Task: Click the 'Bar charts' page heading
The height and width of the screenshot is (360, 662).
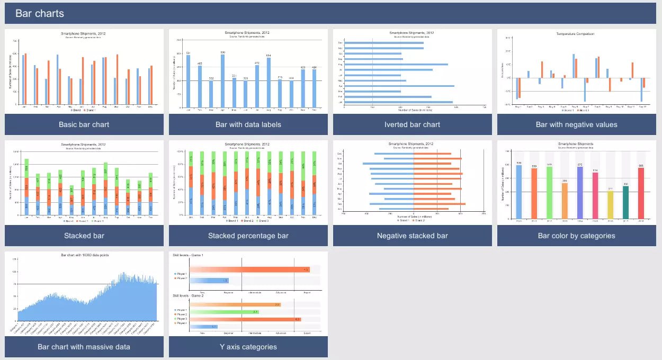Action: (40, 13)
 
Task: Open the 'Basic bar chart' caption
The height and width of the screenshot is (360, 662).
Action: (84, 124)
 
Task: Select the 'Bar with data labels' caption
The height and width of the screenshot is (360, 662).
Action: (248, 124)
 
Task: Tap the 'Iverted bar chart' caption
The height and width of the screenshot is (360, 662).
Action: (412, 124)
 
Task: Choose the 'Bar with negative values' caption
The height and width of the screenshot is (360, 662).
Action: (576, 124)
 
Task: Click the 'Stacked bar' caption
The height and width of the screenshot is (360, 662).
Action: (84, 236)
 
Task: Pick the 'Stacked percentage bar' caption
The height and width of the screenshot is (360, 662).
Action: (248, 236)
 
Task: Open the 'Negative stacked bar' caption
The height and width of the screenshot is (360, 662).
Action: (412, 236)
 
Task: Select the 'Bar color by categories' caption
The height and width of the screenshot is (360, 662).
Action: (576, 236)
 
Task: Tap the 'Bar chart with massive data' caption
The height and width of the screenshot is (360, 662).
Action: (84, 347)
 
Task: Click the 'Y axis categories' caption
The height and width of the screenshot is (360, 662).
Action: (248, 347)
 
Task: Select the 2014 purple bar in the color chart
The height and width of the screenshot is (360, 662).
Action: (580, 193)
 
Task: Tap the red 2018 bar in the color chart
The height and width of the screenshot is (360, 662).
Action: (641, 193)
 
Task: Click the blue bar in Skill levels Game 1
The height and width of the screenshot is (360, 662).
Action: (209, 281)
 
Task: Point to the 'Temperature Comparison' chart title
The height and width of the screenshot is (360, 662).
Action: (575, 34)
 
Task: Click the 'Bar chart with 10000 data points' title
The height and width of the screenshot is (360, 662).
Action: (85, 255)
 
